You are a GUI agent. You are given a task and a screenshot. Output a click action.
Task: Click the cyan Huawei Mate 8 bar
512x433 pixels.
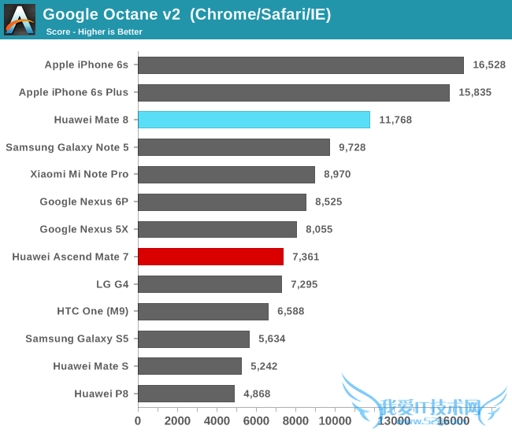click(254, 120)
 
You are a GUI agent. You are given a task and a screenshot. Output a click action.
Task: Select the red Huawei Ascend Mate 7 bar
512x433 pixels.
click(210, 257)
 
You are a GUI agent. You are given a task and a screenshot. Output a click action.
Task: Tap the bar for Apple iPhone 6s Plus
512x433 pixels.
click(294, 93)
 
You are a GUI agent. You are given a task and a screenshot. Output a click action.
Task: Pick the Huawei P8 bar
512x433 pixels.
click(186, 394)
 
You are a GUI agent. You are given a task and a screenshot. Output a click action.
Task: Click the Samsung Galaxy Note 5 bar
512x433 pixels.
click(234, 147)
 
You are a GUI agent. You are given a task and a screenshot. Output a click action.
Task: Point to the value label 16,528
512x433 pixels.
click(489, 65)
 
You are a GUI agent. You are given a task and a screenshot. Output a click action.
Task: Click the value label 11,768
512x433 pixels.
click(395, 120)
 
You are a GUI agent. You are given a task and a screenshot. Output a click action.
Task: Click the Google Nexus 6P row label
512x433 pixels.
click(83, 202)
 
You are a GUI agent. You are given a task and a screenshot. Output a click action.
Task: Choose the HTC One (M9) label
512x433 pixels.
click(92, 311)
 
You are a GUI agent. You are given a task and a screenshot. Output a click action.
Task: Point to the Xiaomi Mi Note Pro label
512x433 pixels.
click(79, 174)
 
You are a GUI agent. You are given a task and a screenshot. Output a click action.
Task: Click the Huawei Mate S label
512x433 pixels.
click(91, 366)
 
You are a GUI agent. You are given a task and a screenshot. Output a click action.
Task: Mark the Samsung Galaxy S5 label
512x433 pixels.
click(76, 339)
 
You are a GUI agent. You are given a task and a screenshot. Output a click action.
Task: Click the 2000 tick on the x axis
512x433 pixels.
click(177, 421)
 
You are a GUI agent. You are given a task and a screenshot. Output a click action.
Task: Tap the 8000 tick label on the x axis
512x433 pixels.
click(295, 421)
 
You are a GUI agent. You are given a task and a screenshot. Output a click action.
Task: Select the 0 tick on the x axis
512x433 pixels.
click(138, 421)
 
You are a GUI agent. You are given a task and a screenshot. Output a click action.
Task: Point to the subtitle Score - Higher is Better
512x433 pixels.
click(94, 31)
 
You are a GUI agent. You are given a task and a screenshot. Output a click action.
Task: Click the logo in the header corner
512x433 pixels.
click(20, 19)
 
